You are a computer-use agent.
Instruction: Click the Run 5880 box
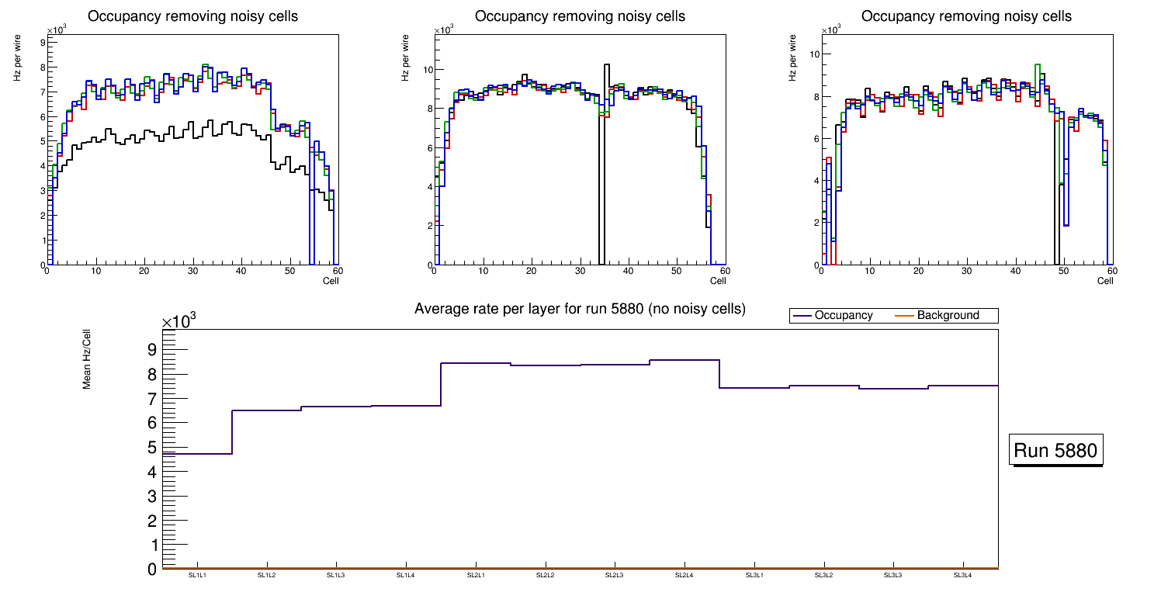[1055, 451]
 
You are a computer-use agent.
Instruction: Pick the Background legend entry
[948, 316]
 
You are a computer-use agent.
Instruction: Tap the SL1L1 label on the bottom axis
[197, 575]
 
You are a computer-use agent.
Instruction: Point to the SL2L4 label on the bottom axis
[684, 575]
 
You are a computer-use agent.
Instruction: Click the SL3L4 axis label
[962, 575]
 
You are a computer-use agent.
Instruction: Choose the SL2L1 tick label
[476, 575]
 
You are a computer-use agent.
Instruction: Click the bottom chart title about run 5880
[580, 309]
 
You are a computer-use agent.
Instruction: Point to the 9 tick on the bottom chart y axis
[152, 350]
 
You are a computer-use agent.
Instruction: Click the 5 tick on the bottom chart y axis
[152, 448]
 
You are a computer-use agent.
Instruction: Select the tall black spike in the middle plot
[606, 155]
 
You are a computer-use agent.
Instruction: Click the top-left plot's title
[192, 16]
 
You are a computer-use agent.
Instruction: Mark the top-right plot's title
[966, 16]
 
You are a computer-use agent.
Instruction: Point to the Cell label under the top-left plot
[331, 281]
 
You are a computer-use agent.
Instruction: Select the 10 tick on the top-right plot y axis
[815, 54]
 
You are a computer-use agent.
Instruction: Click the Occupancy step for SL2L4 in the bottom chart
[684, 360]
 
